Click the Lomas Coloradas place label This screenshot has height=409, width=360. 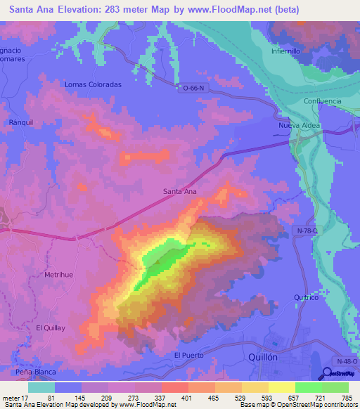click(x=93, y=84)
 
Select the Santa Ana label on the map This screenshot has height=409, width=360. click(x=179, y=191)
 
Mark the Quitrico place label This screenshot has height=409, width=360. click(x=306, y=297)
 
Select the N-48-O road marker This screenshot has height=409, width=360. click(x=347, y=361)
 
